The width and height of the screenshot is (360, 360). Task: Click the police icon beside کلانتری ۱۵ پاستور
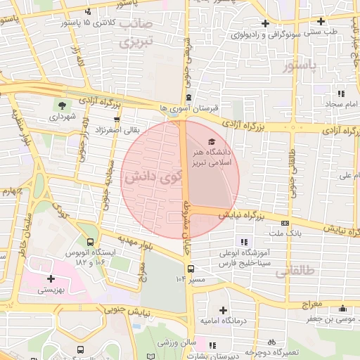click(x=88, y=12)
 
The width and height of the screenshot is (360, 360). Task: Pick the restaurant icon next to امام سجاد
click(x=342, y=94)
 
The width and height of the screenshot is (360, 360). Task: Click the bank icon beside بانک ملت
click(x=284, y=221)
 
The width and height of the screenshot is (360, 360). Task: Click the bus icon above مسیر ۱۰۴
click(x=190, y=268)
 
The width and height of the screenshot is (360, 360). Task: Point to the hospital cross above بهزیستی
click(x=51, y=278)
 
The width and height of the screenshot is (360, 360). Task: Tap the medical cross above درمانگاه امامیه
click(x=223, y=309)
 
